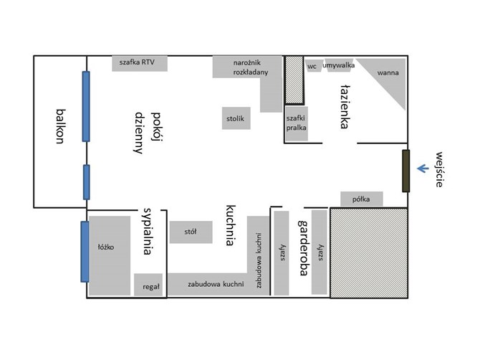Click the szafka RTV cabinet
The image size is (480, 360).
coord(140,63)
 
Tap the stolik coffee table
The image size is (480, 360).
coord(236,118)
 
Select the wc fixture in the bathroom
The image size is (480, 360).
coord(313,65)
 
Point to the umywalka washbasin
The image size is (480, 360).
coord(339,65)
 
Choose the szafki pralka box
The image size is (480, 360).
coord(297,123)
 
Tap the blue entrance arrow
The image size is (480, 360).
coord(423,169)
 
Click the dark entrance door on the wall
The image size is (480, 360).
coord(405,171)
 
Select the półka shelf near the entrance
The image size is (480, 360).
coord(362,199)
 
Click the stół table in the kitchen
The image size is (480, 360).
coord(191,232)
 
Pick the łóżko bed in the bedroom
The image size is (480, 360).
coord(110,255)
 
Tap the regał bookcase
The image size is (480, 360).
coord(148,285)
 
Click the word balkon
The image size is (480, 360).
coord(61,126)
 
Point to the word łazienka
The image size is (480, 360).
coord(345,106)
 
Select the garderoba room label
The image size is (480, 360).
coord(303,247)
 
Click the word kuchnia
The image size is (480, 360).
coord(231,225)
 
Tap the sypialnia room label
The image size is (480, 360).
coord(148,232)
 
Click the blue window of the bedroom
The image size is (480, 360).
coord(85,252)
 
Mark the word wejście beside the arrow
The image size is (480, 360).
coord(440,169)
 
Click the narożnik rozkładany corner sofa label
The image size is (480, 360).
coord(251,67)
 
